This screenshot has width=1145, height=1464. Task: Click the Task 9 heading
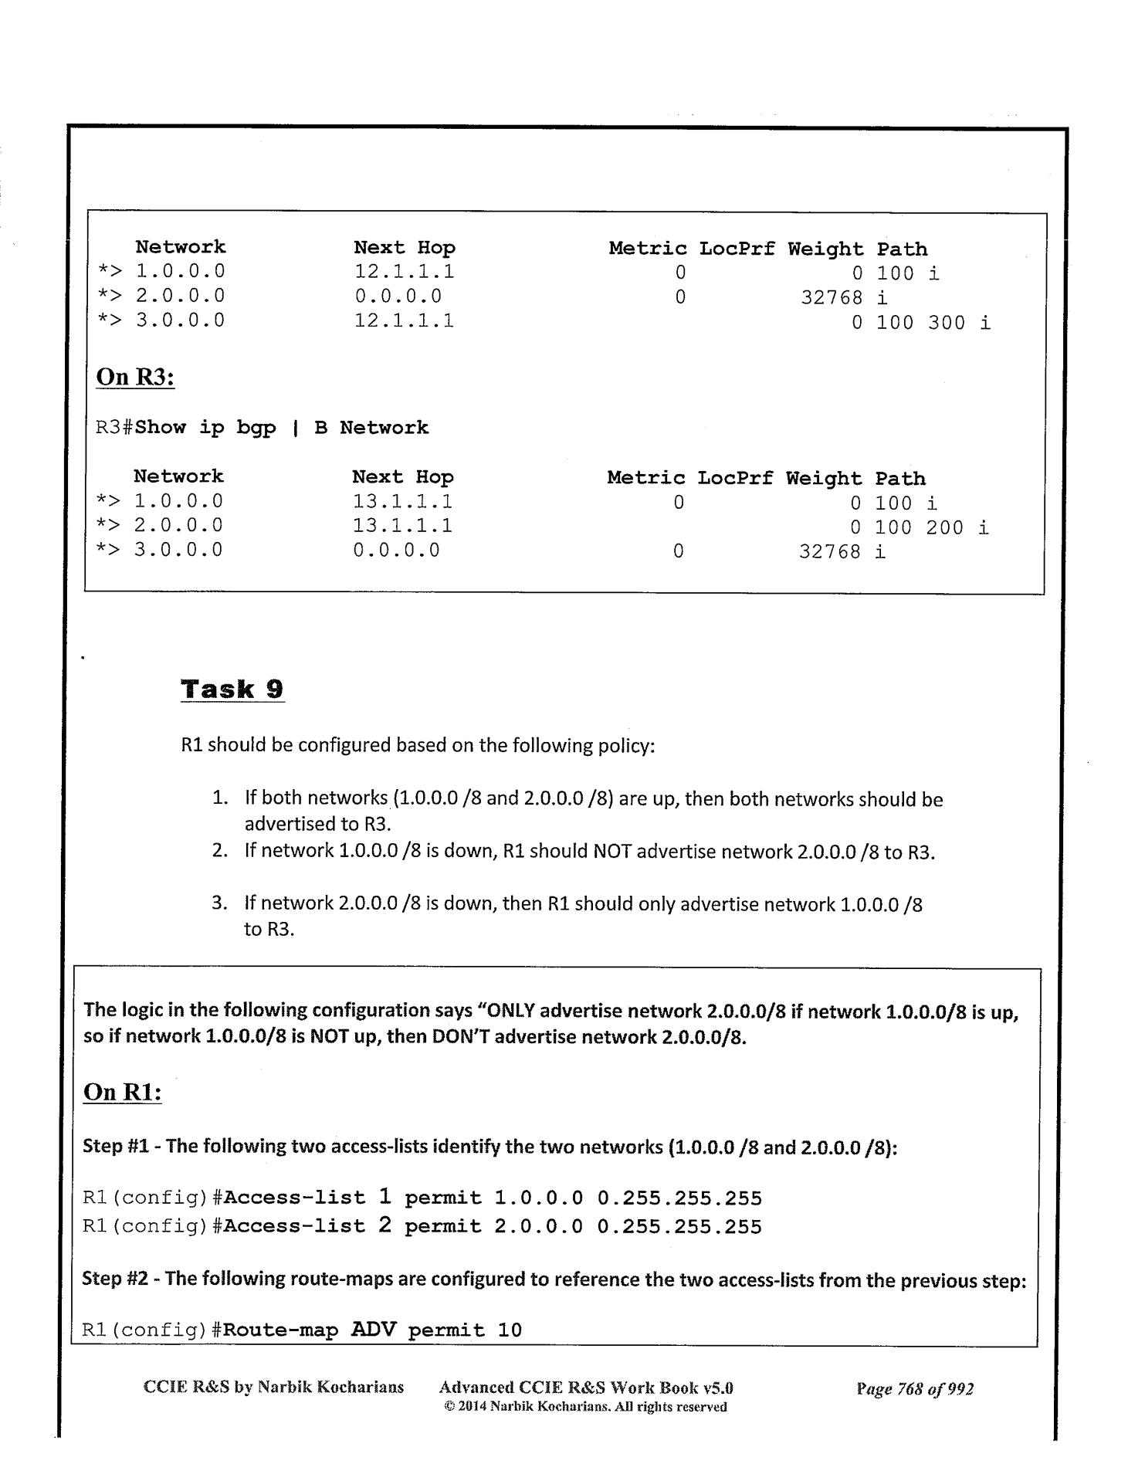[232, 689]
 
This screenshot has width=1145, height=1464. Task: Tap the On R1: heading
[122, 1092]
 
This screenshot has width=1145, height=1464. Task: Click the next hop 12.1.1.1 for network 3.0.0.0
[404, 320]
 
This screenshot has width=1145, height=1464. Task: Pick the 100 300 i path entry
[933, 323]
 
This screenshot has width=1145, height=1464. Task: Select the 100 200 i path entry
[931, 528]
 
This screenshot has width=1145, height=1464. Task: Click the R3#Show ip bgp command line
[262, 428]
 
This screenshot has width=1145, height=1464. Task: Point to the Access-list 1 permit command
[422, 1198]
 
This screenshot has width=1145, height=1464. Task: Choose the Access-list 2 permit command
[422, 1226]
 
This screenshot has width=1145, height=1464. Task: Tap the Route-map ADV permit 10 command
[302, 1330]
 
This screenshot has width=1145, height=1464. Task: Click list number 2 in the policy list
[219, 851]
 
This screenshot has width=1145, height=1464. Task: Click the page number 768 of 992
[915, 1388]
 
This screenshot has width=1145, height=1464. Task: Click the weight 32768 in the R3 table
[829, 552]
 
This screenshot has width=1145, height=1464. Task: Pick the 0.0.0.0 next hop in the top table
[398, 297]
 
